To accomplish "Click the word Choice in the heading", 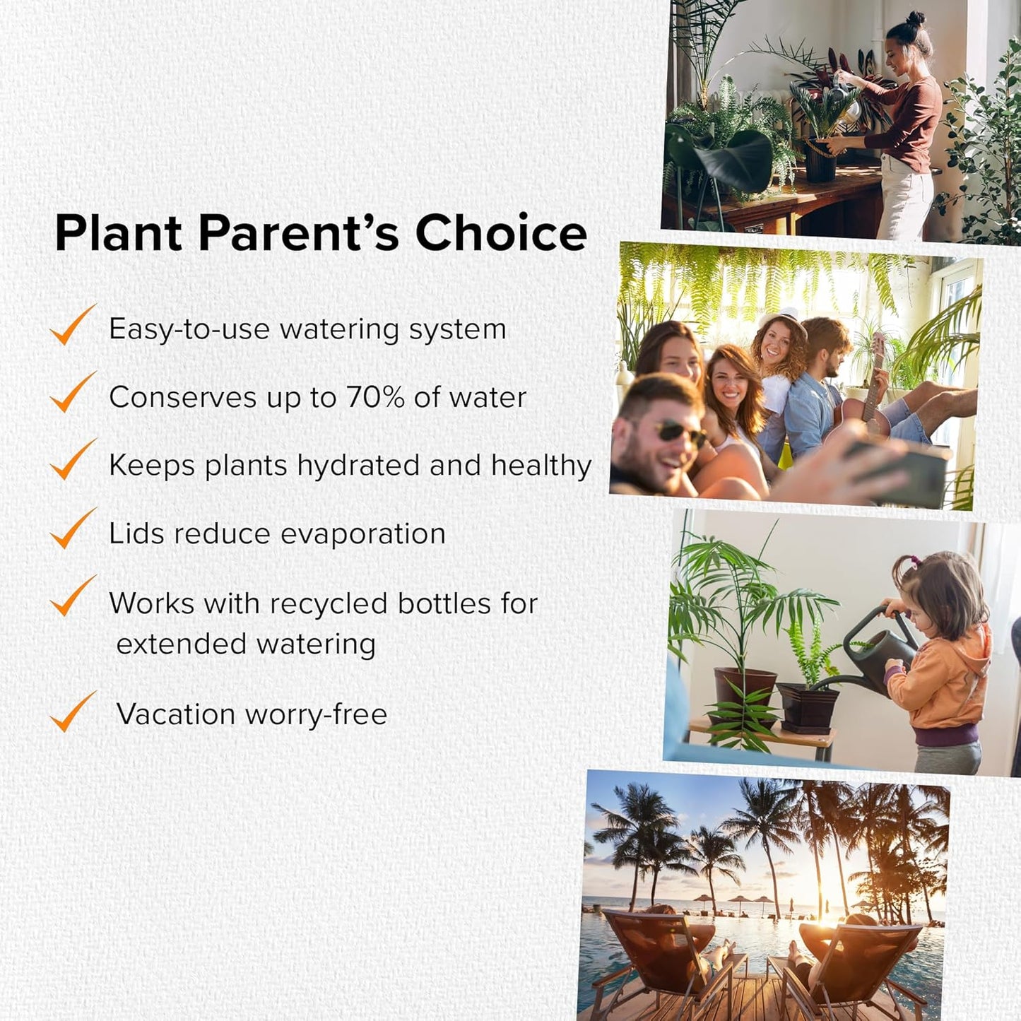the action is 501,232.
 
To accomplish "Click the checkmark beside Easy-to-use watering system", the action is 73,324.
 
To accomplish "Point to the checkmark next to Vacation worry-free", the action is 73,711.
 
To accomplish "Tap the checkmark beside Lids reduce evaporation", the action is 73,528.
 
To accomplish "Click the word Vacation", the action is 175,714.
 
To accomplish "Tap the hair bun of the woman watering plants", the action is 915,19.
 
